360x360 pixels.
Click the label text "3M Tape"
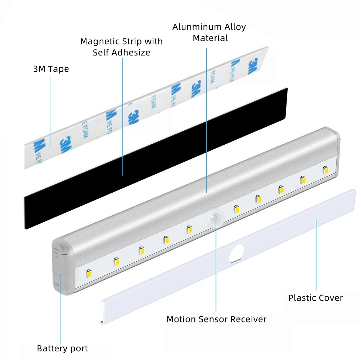[x=51, y=69]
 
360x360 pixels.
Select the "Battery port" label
[x=62, y=348]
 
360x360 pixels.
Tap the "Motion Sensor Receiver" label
[x=216, y=319]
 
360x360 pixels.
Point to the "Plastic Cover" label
[x=315, y=298]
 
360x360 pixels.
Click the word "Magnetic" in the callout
[x=98, y=41]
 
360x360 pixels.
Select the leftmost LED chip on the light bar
[x=89, y=273]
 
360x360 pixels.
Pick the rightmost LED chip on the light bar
[x=325, y=169]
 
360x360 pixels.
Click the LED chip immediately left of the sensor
[x=189, y=229]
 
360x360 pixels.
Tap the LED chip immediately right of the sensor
[x=236, y=208]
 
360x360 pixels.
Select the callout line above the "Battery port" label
[x=60, y=310]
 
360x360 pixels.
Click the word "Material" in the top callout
[x=210, y=38]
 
